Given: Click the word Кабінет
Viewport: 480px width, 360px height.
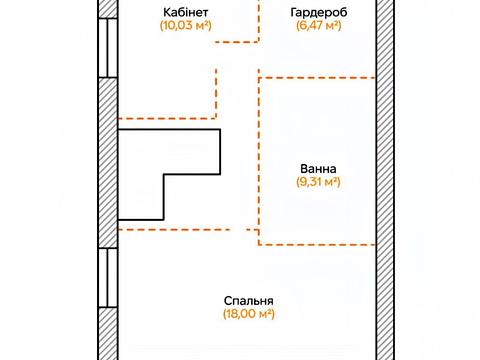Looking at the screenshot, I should pos(185,12).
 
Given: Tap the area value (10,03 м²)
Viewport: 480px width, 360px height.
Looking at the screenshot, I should pos(185,26).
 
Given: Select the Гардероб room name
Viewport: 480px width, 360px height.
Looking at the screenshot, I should pos(312,12).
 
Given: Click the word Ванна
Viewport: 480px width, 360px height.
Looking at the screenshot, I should pos(318,168).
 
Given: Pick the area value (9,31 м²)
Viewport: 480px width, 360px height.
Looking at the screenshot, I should pos(318,182).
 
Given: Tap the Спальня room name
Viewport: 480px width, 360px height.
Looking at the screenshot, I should pos(249,300).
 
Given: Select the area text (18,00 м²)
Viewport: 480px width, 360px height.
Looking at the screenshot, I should pos(249,314).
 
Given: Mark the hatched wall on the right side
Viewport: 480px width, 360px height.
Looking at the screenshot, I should pos(385,180).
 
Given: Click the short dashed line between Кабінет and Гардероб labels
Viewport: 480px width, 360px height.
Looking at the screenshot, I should pos(237,42).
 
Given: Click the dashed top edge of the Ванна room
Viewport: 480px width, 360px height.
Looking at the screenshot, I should pos(318,76).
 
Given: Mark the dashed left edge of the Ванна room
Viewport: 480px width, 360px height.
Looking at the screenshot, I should pos(260,160).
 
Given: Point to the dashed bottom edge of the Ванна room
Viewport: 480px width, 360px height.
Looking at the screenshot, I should pos(318,244).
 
